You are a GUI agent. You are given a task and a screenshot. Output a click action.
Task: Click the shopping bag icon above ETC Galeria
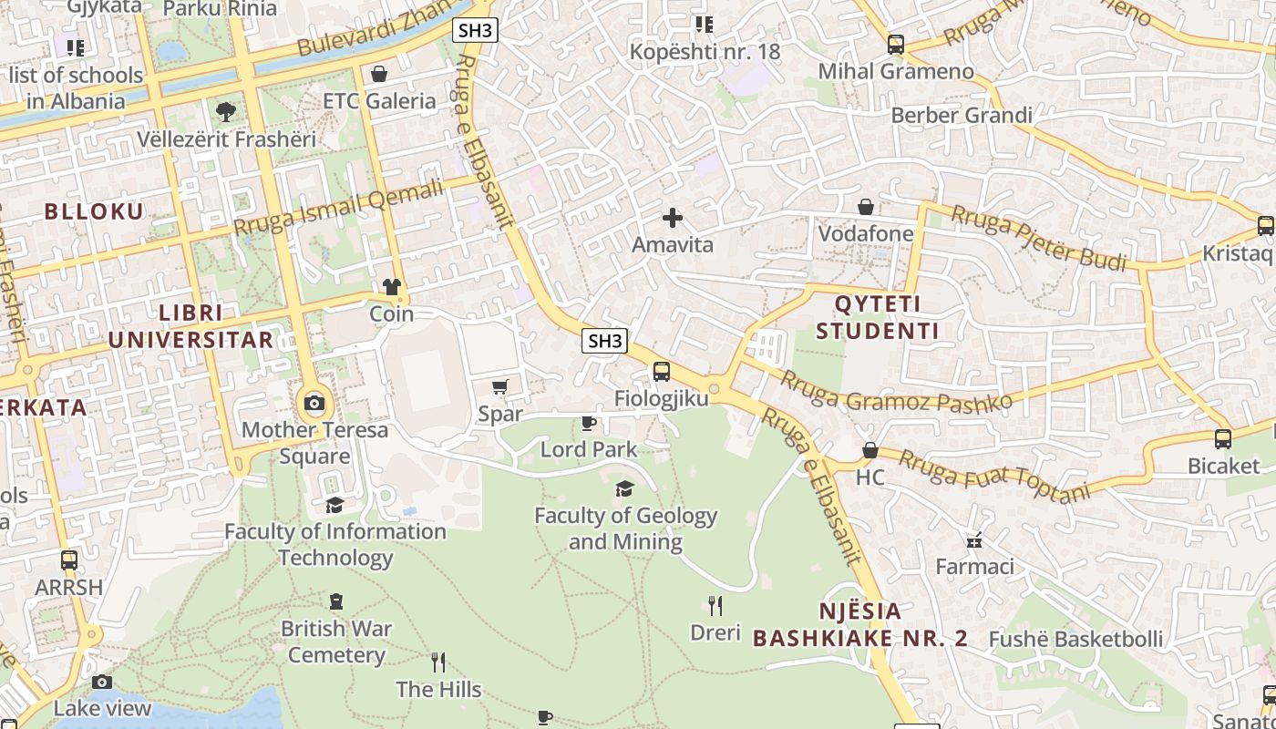point(378,74)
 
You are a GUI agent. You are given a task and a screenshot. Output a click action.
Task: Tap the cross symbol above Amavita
point(673,218)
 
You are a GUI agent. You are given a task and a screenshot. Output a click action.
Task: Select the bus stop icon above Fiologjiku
point(662,372)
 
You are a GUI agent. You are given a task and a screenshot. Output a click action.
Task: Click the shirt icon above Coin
point(392,287)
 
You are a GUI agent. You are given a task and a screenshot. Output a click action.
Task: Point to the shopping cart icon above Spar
point(500,387)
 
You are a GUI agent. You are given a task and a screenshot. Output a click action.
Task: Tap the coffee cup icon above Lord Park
point(589,423)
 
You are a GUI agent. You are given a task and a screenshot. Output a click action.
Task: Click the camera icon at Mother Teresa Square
point(314,403)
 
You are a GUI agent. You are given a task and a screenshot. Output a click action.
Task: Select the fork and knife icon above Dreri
point(715,605)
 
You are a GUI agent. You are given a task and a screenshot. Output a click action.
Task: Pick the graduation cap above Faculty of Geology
point(624,489)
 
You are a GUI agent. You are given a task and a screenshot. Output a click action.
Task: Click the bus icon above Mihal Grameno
point(896,44)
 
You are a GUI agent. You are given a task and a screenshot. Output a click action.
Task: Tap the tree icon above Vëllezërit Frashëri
point(225,112)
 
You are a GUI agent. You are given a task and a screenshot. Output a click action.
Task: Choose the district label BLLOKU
point(95,211)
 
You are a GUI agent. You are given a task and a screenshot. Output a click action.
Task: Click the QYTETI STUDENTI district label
point(877,317)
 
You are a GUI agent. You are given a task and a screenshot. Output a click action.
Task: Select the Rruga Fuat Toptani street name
point(993,475)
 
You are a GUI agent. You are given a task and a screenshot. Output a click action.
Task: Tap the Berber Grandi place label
point(962,116)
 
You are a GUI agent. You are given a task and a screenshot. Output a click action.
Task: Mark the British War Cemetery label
point(336,642)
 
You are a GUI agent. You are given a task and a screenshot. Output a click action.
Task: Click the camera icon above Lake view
point(102,682)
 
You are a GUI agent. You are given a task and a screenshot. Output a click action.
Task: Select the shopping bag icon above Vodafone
point(865,207)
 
